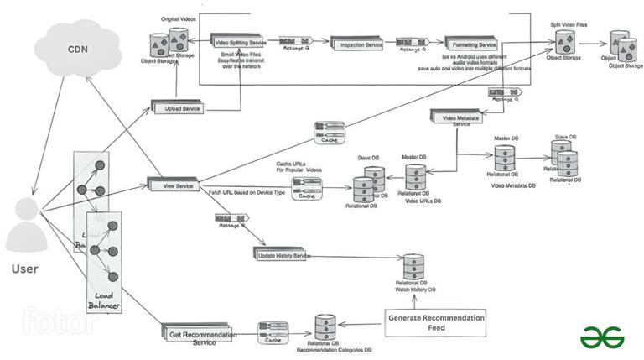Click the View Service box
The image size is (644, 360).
(x=173, y=184)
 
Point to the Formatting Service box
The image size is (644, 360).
(x=470, y=43)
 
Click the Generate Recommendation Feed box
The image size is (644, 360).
(x=435, y=323)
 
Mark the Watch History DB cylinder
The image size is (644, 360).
(x=413, y=267)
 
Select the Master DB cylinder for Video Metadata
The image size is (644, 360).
(x=504, y=159)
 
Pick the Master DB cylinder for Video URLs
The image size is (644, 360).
(x=416, y=177)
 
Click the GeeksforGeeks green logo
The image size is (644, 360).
(x=601, y=337)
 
